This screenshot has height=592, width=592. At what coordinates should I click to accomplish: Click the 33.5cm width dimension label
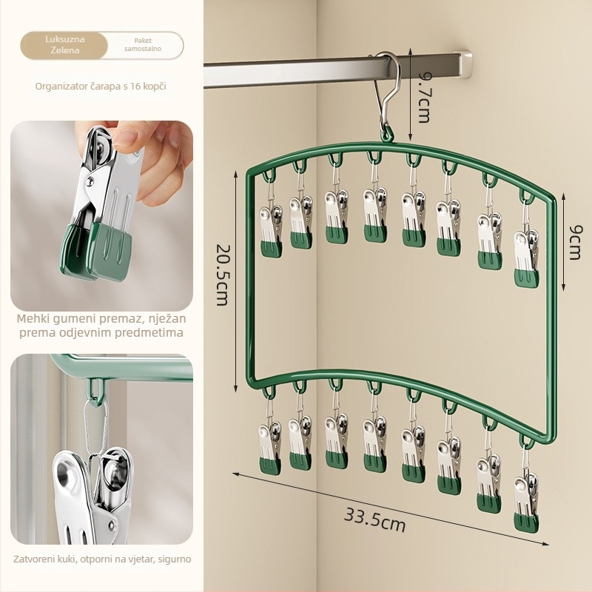point(374,519)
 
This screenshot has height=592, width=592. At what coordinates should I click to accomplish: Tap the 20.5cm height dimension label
point(222,275)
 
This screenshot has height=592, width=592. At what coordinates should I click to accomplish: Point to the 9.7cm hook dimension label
point(423,98)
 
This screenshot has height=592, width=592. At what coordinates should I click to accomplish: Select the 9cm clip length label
point(575,243)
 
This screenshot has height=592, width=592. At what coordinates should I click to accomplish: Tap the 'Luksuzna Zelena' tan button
point(64,45)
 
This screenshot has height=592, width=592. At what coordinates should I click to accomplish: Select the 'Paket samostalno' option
point(143,45)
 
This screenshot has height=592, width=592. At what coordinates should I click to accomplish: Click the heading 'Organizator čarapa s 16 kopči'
point(101,86)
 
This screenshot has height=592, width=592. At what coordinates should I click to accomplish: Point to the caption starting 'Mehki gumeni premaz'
point(101,326)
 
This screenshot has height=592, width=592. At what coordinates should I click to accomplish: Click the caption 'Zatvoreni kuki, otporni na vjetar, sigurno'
point(102,559)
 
